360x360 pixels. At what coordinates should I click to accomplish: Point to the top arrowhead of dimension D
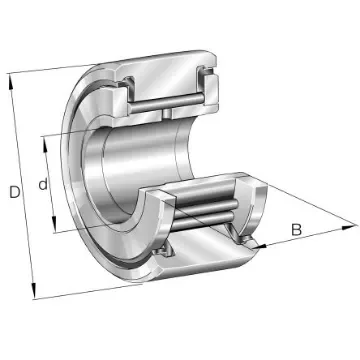(x=11, y=79)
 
